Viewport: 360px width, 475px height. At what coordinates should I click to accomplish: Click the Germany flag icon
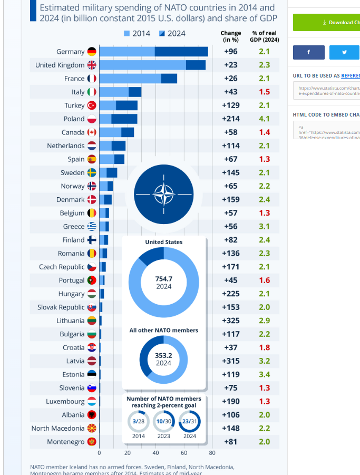pos(92,52)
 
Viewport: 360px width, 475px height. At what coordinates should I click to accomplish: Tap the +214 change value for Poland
pos(231,119)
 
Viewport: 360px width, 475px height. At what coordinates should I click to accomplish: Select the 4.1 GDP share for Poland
pos(264,119)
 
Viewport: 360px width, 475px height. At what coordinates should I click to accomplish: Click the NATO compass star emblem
pos(164,195)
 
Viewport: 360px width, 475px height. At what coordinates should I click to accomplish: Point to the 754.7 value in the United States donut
pos(164,279)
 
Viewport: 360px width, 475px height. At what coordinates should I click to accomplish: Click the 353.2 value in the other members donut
pos(163,356)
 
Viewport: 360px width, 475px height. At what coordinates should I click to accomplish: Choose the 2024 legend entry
pos(172,34)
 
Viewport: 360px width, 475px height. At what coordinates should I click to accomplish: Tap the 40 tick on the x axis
pos(155,453)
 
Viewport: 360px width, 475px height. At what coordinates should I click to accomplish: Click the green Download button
pos(327,23)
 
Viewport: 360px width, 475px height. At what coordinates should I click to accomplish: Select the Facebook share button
pos(309,52)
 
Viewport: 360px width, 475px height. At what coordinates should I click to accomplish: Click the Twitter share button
pos(344,52)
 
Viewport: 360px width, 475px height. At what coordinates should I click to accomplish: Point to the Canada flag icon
pos(92,132)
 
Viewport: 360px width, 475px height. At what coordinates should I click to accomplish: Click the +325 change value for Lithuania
pos(231,321)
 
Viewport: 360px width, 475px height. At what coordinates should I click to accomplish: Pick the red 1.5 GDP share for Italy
pos(264,92)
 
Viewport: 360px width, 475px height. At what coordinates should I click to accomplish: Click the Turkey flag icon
pos(92,105)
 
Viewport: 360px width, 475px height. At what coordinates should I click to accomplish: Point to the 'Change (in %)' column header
pos(231,36)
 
